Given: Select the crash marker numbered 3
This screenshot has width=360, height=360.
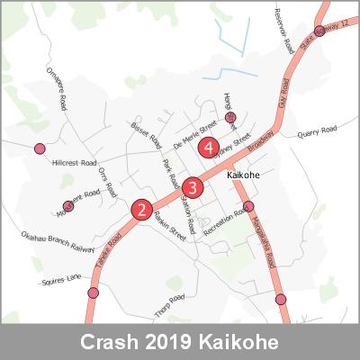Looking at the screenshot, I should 192,187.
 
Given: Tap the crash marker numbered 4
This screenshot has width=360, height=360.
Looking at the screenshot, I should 209,146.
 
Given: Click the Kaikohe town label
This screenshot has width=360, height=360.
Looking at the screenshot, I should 244,174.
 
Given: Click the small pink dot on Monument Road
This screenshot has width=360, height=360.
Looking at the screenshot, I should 68,206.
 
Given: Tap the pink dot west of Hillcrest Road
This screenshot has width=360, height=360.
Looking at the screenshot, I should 39,148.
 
